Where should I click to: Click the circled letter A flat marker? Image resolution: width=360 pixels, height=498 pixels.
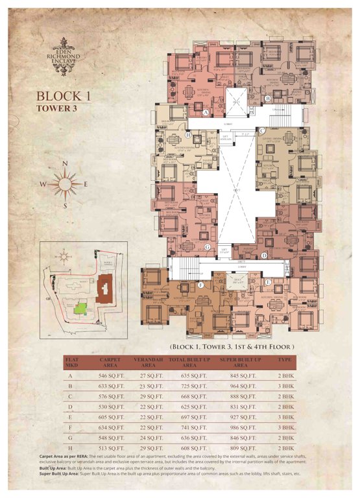point(206,112)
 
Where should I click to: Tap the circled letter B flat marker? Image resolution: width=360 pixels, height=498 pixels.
point(267,98)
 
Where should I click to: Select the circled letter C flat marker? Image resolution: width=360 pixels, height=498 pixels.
point(261,131)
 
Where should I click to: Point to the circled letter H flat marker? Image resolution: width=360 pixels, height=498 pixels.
point(187,136)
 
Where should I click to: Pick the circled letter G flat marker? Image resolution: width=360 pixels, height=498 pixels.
point(207,247)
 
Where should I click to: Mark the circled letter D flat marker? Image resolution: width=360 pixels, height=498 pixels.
point(264,255)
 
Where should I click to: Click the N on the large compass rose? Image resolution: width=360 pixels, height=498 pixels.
point(64,165)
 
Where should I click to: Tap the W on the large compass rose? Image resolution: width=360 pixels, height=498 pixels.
point(43,185)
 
